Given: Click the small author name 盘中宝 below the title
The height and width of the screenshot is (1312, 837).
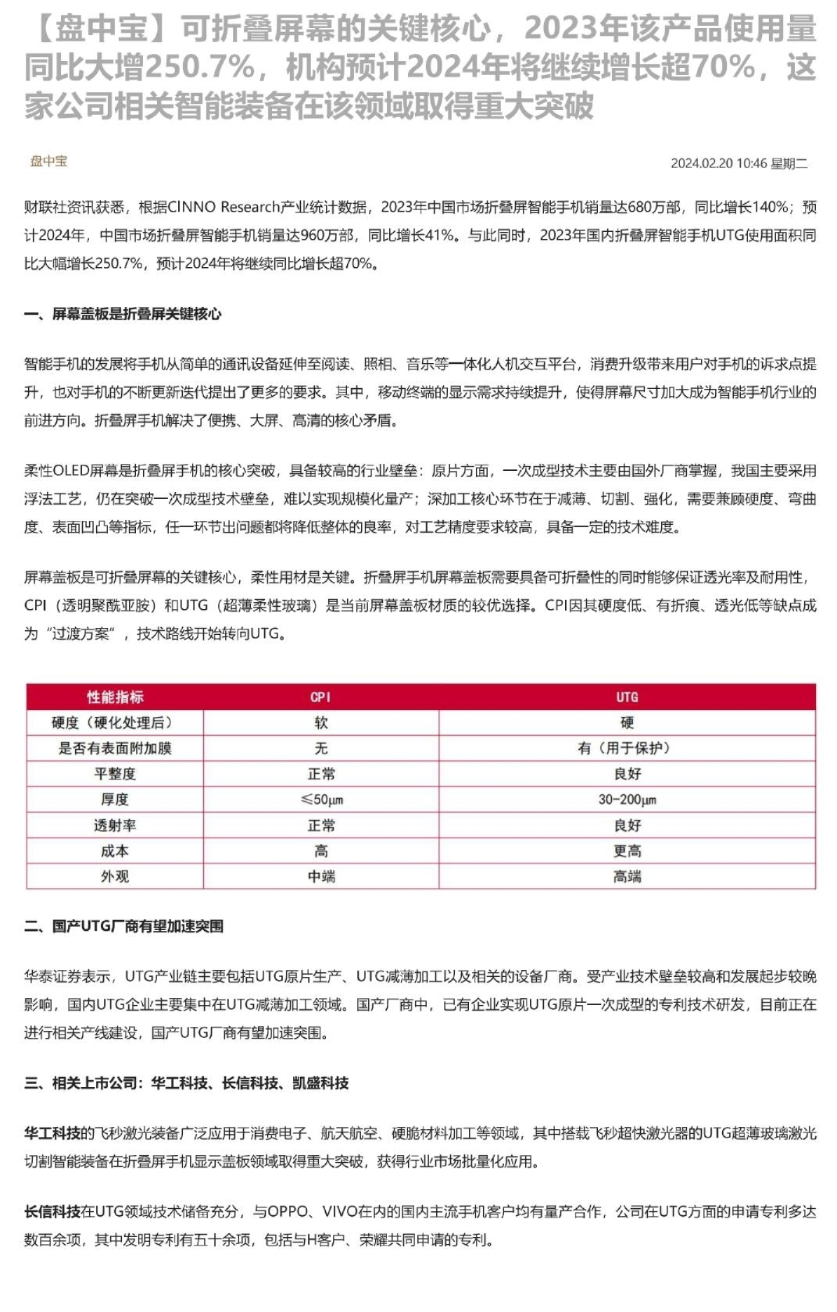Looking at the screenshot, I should tap(48, 161).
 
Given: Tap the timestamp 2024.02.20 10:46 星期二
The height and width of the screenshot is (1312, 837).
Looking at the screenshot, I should tap(739, 163).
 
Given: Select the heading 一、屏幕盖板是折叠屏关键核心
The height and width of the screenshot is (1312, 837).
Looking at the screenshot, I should tap(123, 314).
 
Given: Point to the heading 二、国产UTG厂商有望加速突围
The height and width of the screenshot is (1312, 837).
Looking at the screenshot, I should tap(123, 926).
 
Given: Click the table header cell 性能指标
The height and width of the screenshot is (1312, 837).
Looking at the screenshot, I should tap(115, 697).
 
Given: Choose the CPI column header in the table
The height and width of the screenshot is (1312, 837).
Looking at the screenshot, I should tap(320, 697).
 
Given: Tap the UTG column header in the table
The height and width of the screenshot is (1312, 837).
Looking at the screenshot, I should tap(627, 697).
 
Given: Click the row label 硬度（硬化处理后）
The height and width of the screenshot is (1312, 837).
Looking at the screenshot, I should tap(115, 722).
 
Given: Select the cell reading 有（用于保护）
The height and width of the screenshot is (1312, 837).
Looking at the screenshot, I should tap(627, 748).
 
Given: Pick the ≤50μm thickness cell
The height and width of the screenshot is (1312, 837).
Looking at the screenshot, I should tap(320, 800).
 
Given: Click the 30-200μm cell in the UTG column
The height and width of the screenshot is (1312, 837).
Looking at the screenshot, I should tap(627, 800).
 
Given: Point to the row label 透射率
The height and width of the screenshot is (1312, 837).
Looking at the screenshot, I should tap(115, 825).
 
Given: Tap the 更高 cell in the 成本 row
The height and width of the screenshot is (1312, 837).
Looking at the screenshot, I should tap(627, 851).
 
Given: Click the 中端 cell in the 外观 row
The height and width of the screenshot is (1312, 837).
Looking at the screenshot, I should tap(320, 876).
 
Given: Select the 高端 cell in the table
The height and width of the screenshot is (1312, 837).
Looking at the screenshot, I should tap(627, 876).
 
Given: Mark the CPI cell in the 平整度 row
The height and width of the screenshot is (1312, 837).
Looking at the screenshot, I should tap(320, 774).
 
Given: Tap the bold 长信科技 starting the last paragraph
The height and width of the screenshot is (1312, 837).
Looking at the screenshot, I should tap(52, 1211).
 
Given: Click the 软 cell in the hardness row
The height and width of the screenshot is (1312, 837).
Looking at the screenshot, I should tap(320, 722).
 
